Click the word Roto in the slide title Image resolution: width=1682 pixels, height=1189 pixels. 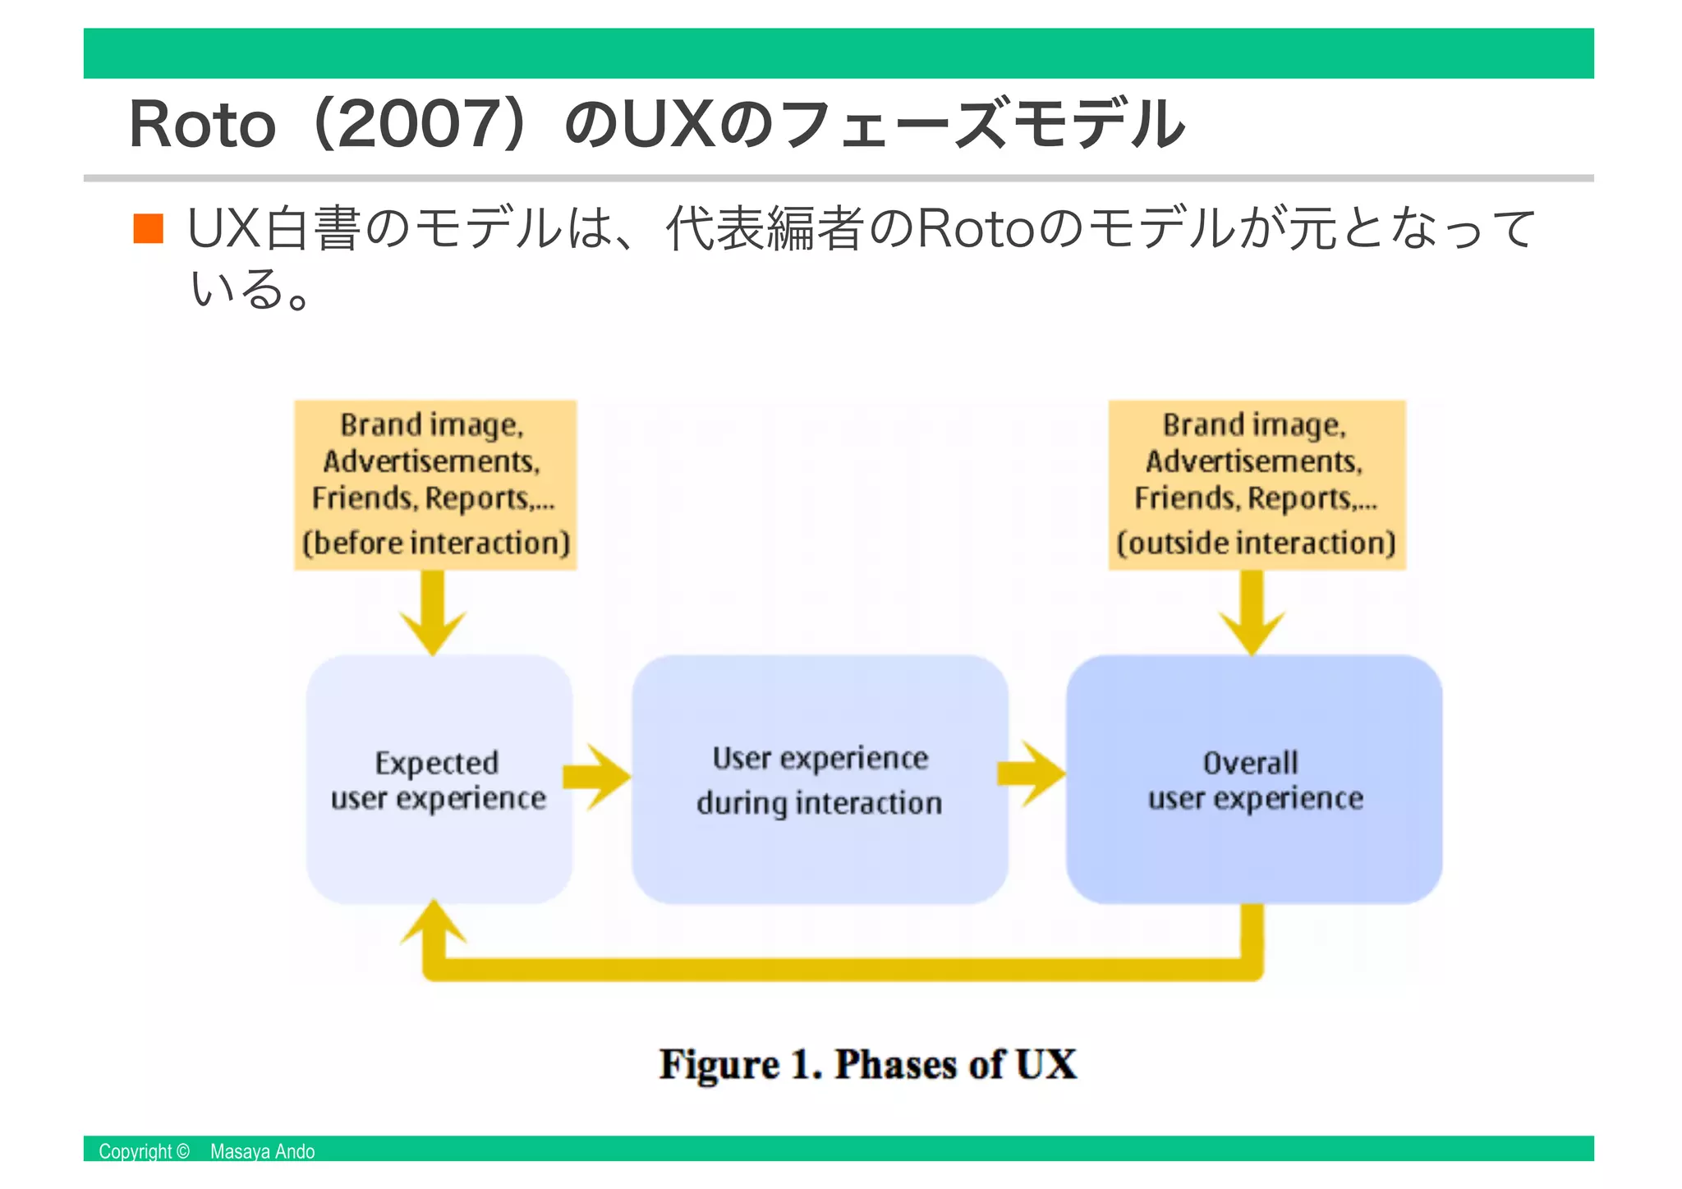coord(201,125)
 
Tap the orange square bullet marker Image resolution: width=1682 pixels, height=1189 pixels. coord(149,229)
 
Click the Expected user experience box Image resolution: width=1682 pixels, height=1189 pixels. coord(439,779)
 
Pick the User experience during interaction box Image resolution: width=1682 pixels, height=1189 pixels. coord(819,779)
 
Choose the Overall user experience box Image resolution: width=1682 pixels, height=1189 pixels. coord(1253,779)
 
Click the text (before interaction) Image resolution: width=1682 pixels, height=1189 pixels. coord(435,544)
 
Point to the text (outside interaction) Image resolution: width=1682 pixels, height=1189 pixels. coord(1256,544)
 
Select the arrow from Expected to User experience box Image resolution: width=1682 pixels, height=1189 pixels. coord(598,777)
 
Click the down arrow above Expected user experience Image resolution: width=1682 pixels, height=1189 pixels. coord(434,616)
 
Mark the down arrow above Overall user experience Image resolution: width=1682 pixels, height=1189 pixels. coord(1252,616)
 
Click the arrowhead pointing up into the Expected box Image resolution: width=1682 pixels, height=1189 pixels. coord(434,924)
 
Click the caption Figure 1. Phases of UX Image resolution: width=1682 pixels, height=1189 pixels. coord(867,1065)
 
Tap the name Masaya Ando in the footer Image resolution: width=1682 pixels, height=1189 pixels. coord(262,1151)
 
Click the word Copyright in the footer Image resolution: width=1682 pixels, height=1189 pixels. coord(136,1151)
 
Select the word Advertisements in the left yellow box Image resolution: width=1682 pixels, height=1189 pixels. coord(431,461)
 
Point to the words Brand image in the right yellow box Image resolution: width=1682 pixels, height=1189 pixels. coord(1254,425)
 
